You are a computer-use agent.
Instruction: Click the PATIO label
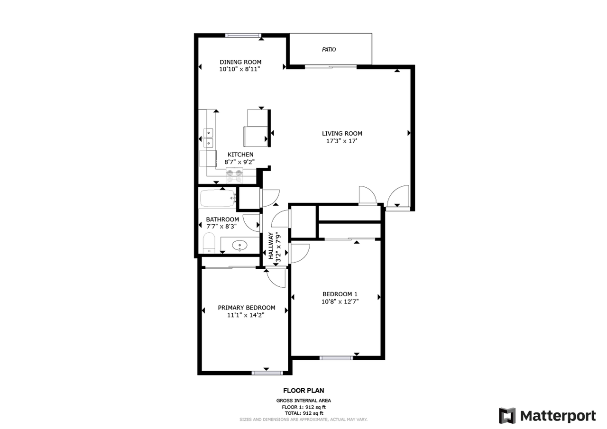point(329,49)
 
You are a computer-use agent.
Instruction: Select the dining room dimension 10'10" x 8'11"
point(240,69)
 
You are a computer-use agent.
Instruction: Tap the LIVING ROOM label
point(342,133)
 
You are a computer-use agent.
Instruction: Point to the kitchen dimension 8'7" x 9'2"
point(240,162)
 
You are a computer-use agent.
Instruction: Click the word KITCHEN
point(240,155)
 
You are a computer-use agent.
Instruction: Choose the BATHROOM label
point(222,219)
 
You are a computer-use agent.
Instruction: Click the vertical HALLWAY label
point(271,246)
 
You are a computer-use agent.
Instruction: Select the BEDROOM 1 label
point(340,293)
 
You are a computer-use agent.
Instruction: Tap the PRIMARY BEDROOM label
point(246,308)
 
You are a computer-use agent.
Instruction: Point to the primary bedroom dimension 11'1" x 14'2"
point(246,315)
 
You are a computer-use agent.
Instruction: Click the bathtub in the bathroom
point(217,199)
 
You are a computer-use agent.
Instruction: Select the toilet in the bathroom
point(209,243)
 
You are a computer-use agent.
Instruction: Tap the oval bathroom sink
point(240,246)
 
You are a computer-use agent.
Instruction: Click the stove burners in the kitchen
point(235,176)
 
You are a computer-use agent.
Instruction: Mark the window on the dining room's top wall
point(243,35)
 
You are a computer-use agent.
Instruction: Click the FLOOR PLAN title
point(303,391)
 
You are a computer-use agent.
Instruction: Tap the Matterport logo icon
point(507,416)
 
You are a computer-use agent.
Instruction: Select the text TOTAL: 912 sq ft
point(303,413)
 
